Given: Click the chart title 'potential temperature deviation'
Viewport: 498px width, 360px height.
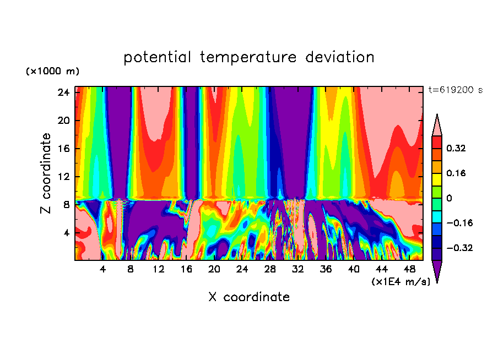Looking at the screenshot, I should coord(249,57).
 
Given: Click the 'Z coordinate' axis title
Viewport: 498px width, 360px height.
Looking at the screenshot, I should coord(46,173).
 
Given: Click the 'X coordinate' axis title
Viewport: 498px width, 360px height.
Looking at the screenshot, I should coord(249,297).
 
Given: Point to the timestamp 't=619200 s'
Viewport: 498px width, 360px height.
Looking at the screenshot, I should coord(455,90).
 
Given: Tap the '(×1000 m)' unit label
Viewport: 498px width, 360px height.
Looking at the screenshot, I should coord(52,72).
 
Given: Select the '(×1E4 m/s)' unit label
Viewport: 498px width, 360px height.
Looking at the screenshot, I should coord(400,281).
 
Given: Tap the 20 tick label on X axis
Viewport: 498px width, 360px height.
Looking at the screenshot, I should coord(214,269).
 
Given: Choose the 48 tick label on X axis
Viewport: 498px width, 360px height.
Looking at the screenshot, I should coord(410,269).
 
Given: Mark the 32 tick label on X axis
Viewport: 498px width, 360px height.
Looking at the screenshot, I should coord(298,269).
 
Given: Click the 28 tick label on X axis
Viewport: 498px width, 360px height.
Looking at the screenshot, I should coord(270,269).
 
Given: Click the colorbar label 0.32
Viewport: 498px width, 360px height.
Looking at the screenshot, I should coord(456,148).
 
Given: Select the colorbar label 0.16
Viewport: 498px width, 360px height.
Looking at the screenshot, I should coord(456,173).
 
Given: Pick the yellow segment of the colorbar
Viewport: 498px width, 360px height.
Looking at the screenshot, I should coord(437,179).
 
